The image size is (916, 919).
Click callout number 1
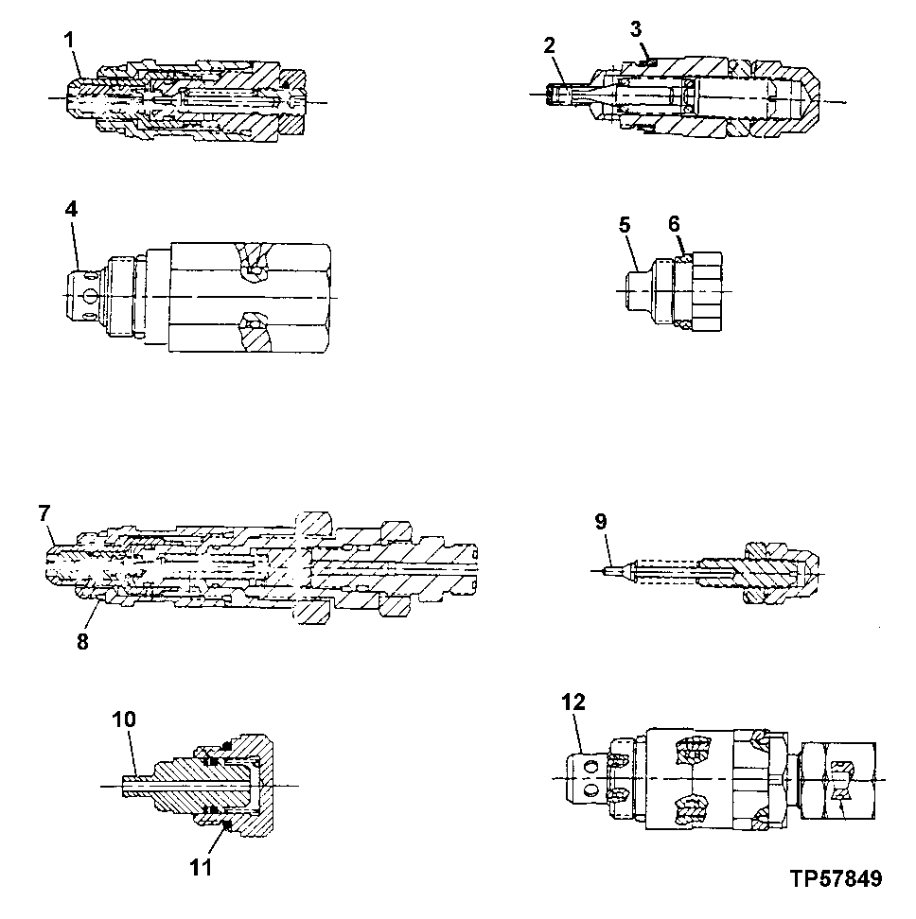pos(70,40)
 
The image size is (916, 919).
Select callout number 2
pos(549,45)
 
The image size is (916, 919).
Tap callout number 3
pos(636,28)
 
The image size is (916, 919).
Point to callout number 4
pos(71,209)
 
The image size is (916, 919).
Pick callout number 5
pos(625,224)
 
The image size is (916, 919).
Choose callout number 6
pos(674,223)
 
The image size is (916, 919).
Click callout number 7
pos(44,513)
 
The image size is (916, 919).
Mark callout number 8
pos(82,642)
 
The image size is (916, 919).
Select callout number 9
pos(601,521)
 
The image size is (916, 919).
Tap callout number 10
pos(124,720)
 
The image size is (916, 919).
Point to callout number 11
pos(201,867)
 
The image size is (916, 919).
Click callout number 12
pos(573,702)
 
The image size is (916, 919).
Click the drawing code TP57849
pos(836,878)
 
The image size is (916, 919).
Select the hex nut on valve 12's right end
pos(838,779)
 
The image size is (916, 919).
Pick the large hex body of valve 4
pos(250,297)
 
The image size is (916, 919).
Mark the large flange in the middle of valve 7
pos(314,568)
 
